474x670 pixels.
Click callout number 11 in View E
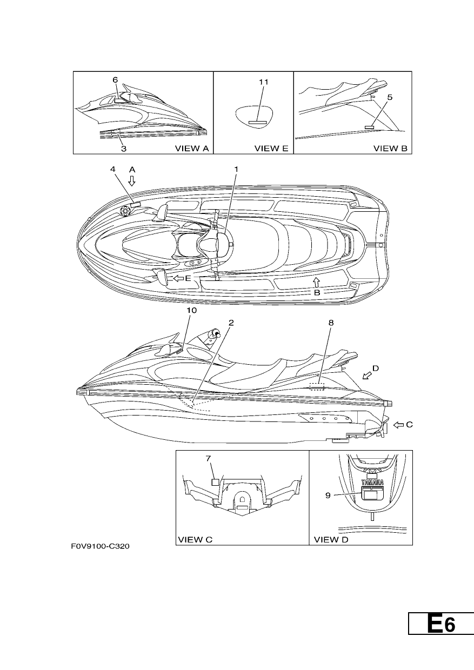point(264,82)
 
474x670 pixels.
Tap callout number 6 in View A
point(115,80)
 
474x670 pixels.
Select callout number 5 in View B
point(390,97)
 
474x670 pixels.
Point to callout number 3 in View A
point(124,149)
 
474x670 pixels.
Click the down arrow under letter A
point(132,181)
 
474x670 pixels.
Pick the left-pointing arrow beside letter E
point(179,278)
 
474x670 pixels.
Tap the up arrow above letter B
point(317,282)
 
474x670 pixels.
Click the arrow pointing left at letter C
point(398,425)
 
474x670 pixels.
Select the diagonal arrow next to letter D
point(367,376)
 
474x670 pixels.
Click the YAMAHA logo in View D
point(372,482)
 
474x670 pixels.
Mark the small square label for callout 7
point(216,481)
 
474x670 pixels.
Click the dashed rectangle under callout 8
point(317,386)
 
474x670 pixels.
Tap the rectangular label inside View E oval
point(258,122)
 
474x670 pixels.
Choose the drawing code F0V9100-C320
point(100,546)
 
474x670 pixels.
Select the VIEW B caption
point(391,149)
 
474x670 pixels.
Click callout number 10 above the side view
point(192,311)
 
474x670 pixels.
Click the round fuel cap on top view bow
point(125,211)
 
